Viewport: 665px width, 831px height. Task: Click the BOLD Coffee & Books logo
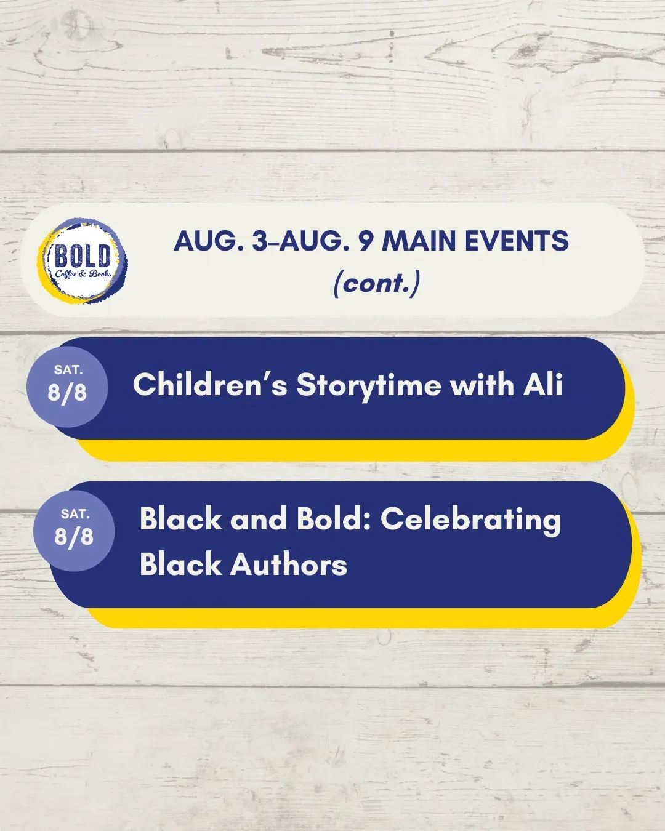(83, 260)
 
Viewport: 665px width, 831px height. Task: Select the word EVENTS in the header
(517, 241)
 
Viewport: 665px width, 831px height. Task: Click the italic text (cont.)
(376, 283)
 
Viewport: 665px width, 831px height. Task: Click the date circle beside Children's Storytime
(67, 386)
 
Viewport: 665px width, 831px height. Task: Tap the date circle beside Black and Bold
(74, 531)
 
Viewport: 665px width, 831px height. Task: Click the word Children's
(210, 385)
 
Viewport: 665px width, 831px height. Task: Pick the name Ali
(543, 384)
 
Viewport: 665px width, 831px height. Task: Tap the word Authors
(289, 564)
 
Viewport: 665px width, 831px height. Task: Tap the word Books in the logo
(100, 274)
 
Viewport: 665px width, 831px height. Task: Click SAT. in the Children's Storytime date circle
(68, 370)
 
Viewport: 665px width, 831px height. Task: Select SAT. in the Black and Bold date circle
(75, 514)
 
